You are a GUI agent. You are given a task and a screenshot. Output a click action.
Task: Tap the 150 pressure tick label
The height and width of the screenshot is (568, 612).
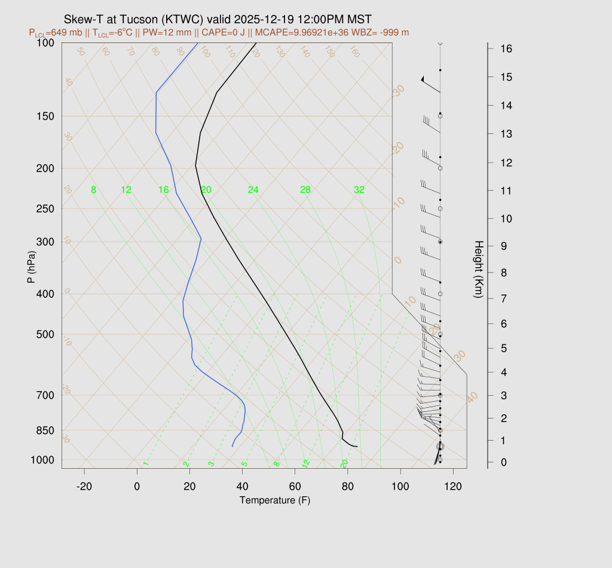point(45,116)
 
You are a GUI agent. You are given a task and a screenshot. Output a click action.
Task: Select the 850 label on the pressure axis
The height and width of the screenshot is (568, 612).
point(45,430)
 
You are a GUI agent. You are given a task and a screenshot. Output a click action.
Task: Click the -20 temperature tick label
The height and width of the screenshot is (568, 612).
point(84,487)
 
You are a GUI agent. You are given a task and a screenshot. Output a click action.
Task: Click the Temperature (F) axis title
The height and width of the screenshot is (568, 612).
point(275,500)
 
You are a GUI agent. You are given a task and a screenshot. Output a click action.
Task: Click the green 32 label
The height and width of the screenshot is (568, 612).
point(359,190)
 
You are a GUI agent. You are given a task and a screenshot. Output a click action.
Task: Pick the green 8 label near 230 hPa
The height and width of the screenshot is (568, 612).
point(93,190)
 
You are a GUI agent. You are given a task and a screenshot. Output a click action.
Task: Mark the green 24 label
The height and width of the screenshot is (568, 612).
point(253,190)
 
